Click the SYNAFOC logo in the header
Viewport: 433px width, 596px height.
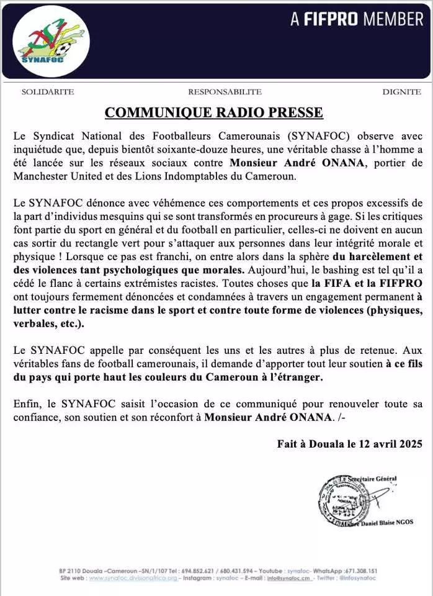(x=51, y=41)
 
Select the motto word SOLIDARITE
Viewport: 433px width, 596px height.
(x=48, y=92)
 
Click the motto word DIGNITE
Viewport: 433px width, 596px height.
(x=401, y=92)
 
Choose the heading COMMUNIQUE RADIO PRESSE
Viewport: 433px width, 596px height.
(x=214, y=112)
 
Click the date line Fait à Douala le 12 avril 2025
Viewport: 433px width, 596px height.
(x=350, y=444)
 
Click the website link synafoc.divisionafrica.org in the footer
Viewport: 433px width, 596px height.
(x=133, y=578)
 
